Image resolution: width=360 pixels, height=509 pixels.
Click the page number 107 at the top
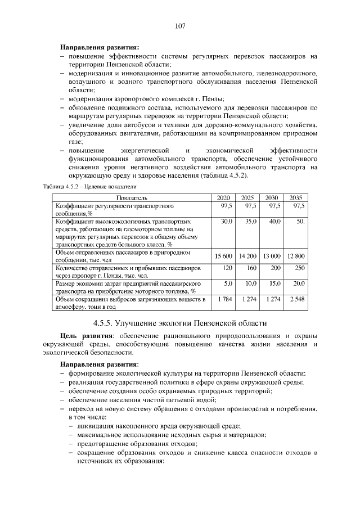pos(180,26)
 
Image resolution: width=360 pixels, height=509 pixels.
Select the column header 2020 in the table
pos(223,197)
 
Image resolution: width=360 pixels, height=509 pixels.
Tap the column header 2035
pos(296,197)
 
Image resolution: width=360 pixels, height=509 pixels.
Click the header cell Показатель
pos(132,197)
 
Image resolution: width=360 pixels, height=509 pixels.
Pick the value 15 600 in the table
pos(223,256)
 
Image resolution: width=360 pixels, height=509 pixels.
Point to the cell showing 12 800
pos(295,256)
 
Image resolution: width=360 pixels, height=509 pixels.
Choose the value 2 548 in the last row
pos(296,299)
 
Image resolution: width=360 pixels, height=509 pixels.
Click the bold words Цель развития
pos(84,336)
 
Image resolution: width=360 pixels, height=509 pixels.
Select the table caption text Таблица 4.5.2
pos(63,186)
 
